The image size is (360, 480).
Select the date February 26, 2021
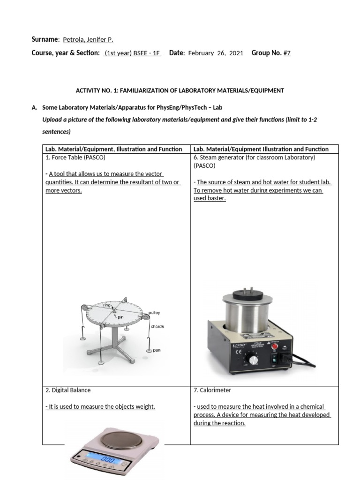click(216, 53)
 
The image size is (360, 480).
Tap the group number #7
click(287, 53)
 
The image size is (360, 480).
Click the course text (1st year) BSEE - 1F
click(132, 53)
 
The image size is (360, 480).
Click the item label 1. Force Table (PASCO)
click(75, 157)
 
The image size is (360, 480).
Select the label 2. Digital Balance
click(68, 390)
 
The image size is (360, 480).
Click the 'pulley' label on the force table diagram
click(154, 312)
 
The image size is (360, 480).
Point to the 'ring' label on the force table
click(107, 305)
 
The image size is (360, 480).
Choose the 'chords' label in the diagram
click(157, 326)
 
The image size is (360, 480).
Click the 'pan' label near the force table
click(157, 350)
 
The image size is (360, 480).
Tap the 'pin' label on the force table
click(120, 317)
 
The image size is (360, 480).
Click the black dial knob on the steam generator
click(254, 360)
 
